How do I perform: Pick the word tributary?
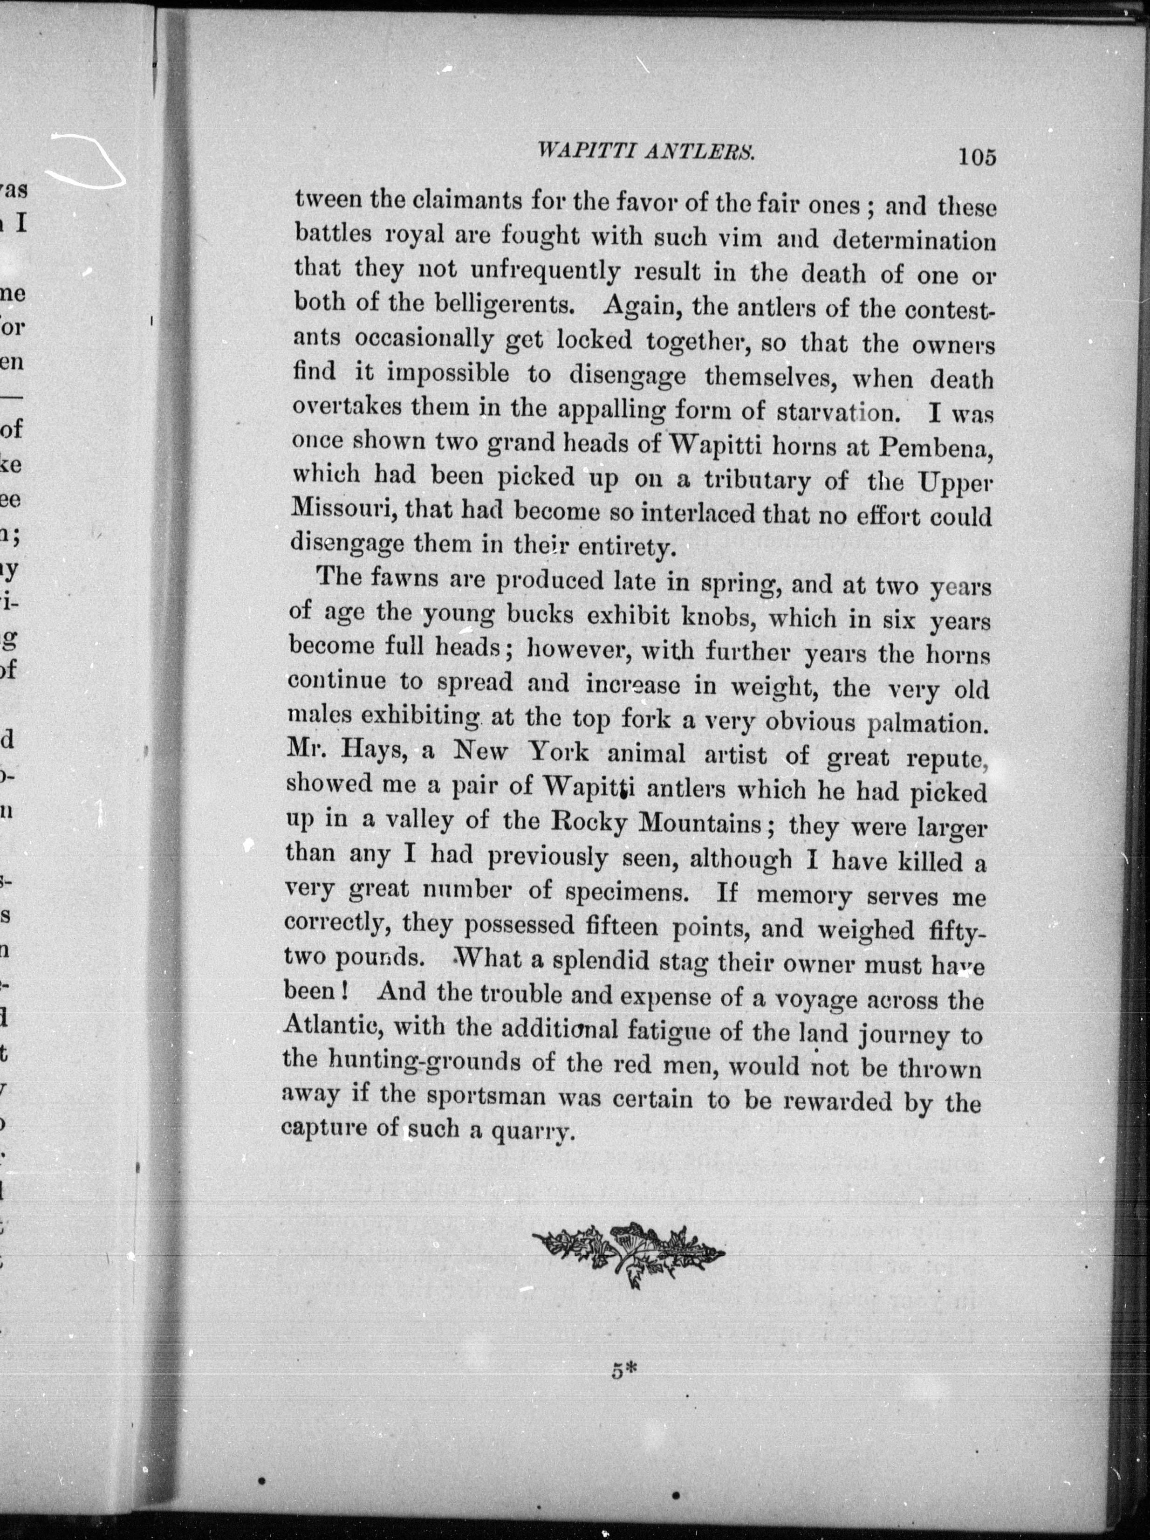click(757, 481)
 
